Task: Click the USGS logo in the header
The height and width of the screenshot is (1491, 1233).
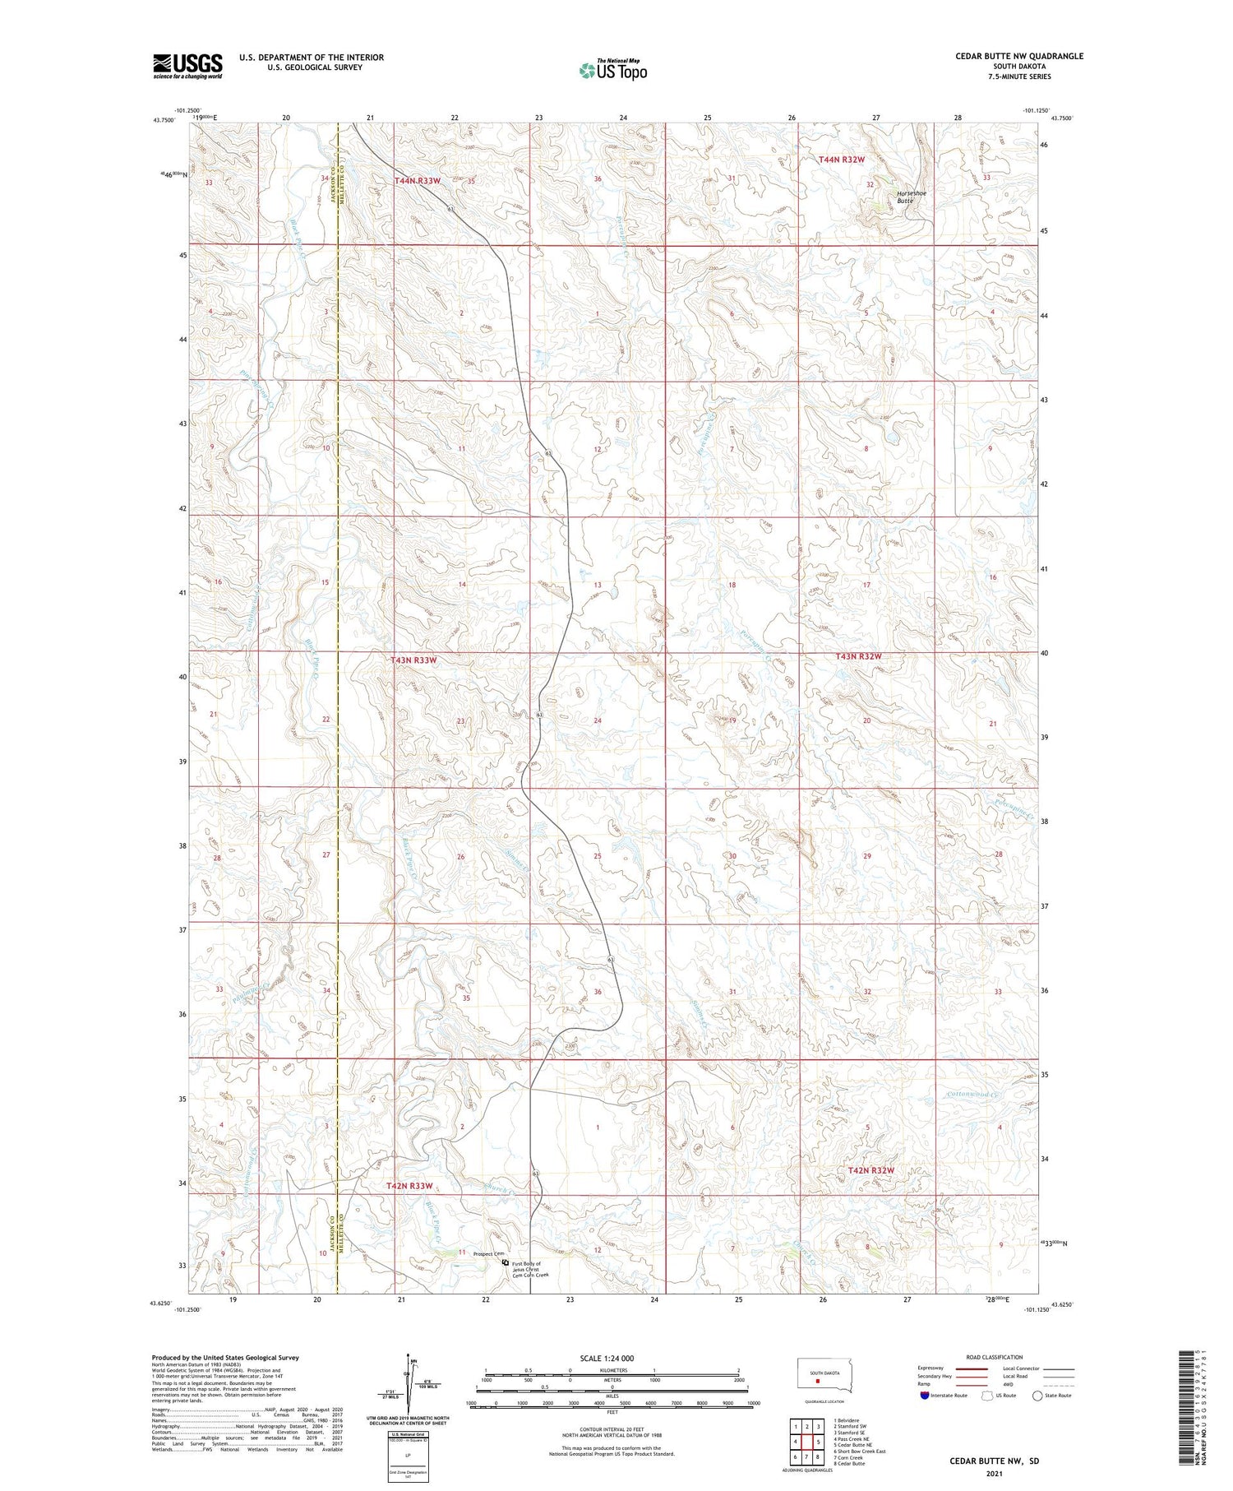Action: [187, 65]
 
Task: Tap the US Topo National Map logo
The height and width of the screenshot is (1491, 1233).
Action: [612, 71]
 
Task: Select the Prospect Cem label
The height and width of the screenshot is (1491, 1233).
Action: [487, 1254]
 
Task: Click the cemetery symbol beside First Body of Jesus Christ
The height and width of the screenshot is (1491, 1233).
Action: [505, 1261]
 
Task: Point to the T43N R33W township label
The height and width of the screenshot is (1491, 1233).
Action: [413, 660]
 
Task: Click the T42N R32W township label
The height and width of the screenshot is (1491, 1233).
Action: [870, 1169]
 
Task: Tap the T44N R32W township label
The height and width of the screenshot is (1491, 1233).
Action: [842, 160]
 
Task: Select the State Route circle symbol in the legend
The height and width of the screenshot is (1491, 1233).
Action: [1038, 1396]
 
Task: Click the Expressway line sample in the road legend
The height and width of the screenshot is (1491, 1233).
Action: [976, 1369]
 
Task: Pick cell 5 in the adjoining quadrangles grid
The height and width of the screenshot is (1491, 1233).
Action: [817, 1442]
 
